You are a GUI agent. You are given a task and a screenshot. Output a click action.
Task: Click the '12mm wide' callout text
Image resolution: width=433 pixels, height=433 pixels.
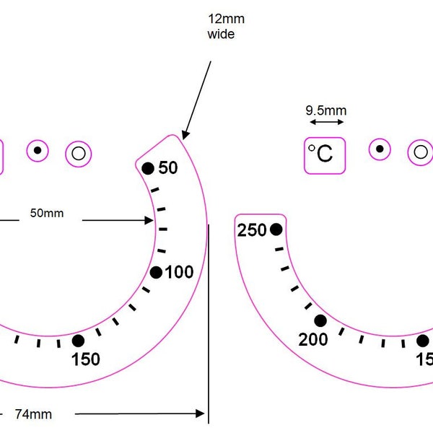(x=226, y=27)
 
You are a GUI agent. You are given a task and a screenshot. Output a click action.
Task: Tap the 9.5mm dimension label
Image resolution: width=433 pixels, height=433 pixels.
(x=326, y=110)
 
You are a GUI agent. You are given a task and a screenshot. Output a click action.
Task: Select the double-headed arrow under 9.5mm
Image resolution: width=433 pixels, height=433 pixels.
(x=327, y=122)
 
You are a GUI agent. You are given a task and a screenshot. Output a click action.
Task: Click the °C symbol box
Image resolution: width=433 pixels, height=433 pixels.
(x=325, y=156)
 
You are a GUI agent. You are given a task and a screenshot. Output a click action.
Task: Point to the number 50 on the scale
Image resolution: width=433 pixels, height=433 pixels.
(x=168, y=167)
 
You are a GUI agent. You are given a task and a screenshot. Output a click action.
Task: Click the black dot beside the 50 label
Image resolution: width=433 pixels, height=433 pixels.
(x=148, y=168)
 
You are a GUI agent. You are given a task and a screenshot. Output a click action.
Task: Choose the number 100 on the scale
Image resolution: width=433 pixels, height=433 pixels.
(x=179, y=272)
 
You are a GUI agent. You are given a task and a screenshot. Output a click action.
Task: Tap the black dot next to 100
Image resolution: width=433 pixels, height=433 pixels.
(x=156, y=273)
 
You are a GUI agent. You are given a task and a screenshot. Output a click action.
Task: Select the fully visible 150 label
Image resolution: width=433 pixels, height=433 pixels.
(x=86, y=359)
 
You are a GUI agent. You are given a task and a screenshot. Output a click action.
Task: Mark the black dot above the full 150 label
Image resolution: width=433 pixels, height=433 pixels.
(x=78, y=341)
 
